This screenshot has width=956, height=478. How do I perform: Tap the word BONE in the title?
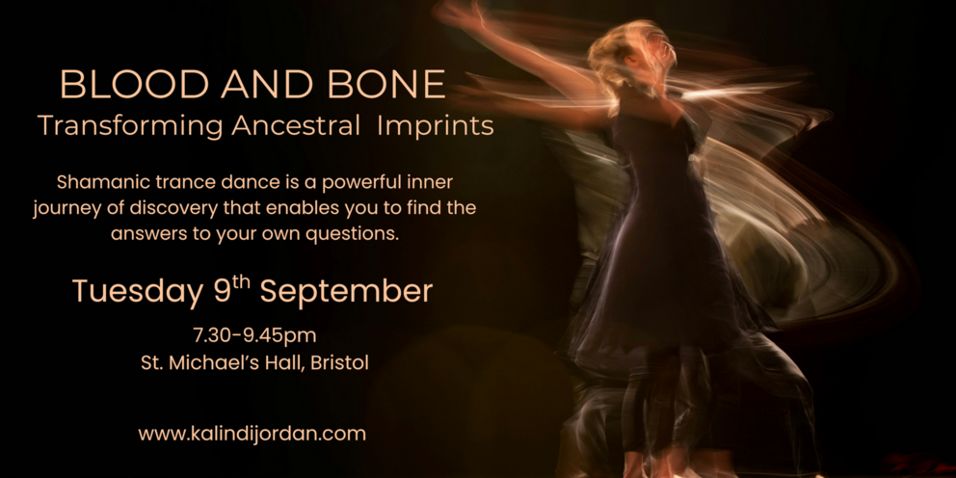coord(386,84)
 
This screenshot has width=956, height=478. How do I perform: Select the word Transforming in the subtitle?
coord(130,126)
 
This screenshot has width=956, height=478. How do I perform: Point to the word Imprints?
coord(436,126)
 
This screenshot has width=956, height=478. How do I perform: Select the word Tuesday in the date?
coord(138,291)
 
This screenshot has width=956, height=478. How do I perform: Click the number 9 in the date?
coord(222,291)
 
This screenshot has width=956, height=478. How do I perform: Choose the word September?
coord(346,292)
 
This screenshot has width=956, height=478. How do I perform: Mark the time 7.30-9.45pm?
coord(254,335)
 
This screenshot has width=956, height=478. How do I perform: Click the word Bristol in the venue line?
coord(339,363)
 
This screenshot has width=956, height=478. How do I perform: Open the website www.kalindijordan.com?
coord(252,434)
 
